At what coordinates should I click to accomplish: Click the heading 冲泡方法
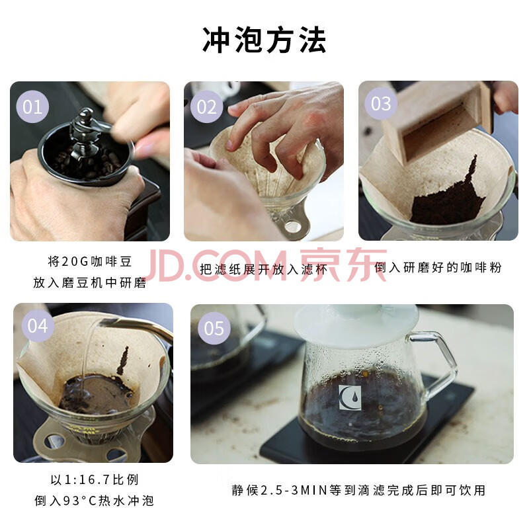pyautogui.click(x=264, y=40)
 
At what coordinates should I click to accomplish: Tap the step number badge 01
pyautogui.click(x=32, y=107)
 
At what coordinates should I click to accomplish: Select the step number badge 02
pyautogui.click(x=206, y=107)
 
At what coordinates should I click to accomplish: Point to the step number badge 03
pyautogui.click(x=381, y=104)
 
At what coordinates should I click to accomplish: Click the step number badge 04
pyautogui.click(x=38, y=326)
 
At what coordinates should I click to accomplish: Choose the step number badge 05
pyautogui.click(x=214, y=328)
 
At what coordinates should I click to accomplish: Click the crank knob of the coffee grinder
pyautogui.click(x=87, y=114)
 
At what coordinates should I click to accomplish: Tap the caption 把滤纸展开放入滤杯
pyautogui.click(x=263, y=269)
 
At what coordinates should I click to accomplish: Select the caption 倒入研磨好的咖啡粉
pyautogui.click(x=438, y=268)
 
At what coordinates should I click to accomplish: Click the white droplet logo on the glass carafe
pyautogui.click(x=350, y=398)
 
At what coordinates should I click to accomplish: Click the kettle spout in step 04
pyautogui.click(x=135, y=325)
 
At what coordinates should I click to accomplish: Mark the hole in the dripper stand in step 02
pyautogui.click(x=293, y=227)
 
